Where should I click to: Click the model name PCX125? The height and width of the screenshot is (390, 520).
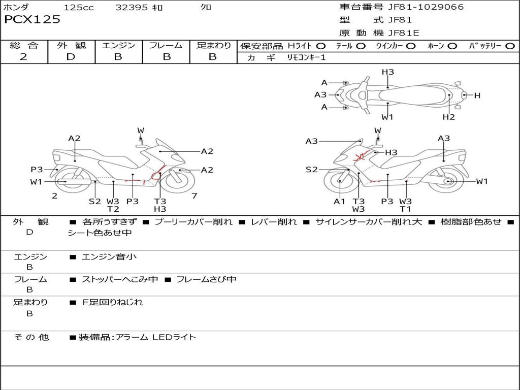(x=32, y=20)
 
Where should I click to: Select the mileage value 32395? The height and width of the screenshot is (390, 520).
(x=132, y=8)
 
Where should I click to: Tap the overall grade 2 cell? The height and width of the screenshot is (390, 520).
(x=23, y=57)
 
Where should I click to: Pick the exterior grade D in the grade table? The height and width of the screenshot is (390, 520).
(x=71, y=57)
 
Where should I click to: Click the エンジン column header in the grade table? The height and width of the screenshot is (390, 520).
(x=118, y=46)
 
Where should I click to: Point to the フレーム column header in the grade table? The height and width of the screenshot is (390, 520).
(x=166, y=46)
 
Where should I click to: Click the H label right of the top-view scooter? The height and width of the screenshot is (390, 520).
(x=477, y=95)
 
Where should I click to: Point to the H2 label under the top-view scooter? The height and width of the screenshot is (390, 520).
(x=448, y=117)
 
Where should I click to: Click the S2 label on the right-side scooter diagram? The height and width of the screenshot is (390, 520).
(x=311, y=170)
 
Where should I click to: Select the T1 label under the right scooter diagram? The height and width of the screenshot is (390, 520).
(x=405, y=209)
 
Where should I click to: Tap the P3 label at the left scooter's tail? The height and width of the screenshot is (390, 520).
(x=37, y=170)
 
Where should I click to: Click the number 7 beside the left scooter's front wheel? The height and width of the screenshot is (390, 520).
(x=194, y=196)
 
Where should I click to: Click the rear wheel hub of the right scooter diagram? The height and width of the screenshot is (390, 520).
(x=447, y=181)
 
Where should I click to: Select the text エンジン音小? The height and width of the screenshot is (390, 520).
(x=109, y=257)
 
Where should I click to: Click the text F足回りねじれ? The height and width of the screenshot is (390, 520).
(x=112, y=302)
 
